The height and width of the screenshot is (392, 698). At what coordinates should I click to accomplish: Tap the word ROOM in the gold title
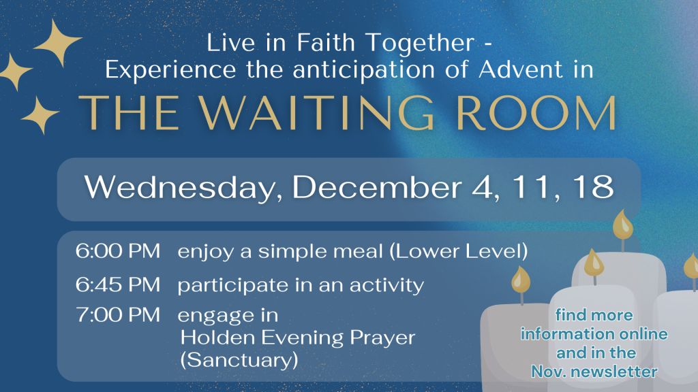pyautogui.click(x=536, y=113)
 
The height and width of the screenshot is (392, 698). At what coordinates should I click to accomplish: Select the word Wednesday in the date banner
pyautogui.click(x=183, y=188)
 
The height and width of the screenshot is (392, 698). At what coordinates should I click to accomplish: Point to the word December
pyautogui.click(x=376, y=186)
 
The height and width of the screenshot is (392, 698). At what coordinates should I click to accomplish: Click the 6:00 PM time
pyautogui.click(x=117, y=251)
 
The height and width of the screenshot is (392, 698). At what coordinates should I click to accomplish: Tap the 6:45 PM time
pyautogui.click(x=117, y=284)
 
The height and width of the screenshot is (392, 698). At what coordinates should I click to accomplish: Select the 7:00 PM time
pyautogui.click(x=117, y=314)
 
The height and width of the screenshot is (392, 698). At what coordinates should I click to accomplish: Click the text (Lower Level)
pyautogui.click(x=459, y=252)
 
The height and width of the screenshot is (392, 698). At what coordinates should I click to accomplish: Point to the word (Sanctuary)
pyautogui.click(x=239, y=360)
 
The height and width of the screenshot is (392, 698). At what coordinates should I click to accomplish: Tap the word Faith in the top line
pyautogui.click(x=326, y=43)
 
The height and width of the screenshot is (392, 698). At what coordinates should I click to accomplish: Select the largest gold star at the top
pyautogui.click(x=58, y=43)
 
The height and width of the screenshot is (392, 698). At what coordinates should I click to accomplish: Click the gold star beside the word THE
pyautogui.click(x=40, y=115)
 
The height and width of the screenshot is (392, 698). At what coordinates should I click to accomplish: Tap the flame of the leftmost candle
pyautogui.click(x=521, y=280)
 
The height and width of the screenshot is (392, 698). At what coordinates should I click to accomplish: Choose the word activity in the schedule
pyautogui.click(x=386, y=286)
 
